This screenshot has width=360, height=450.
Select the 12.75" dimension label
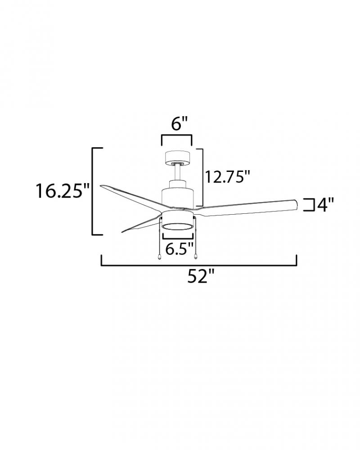tap(228, 177)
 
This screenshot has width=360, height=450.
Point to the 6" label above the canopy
tap(179, 124)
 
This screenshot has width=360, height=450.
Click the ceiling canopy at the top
tap(178, 158)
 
